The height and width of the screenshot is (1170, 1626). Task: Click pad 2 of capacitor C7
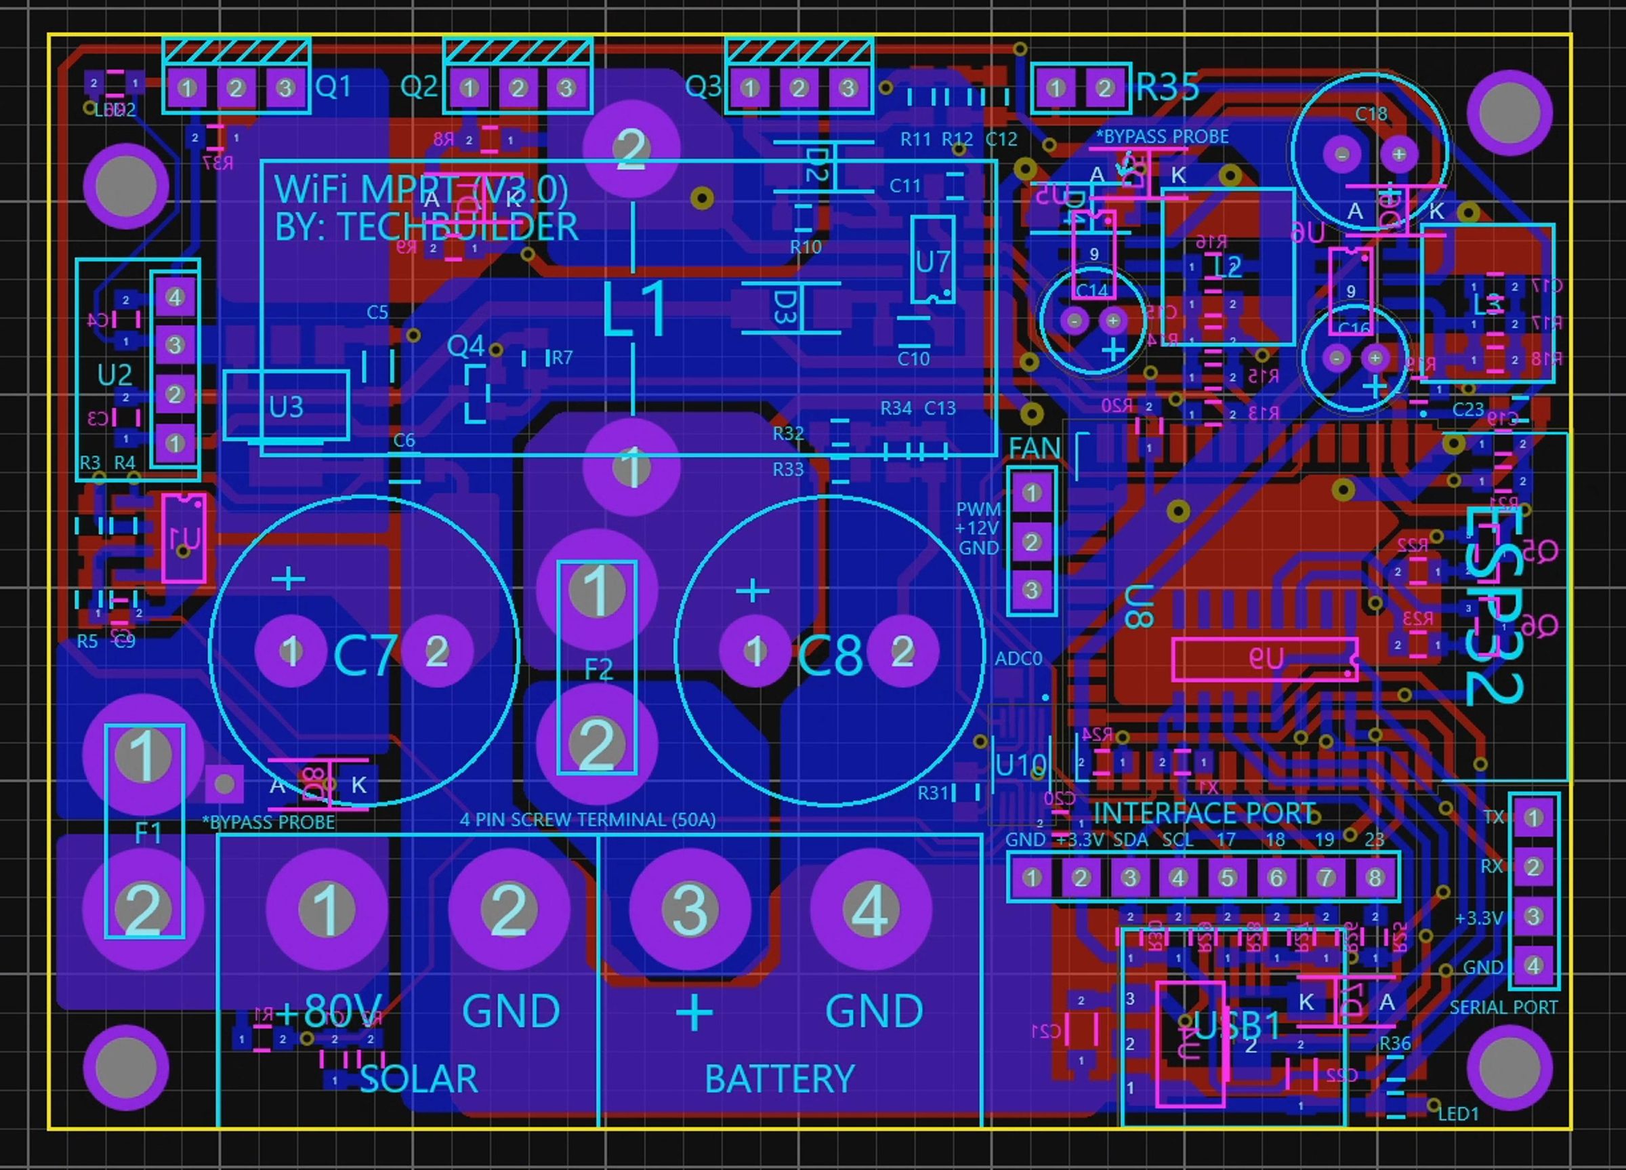436,651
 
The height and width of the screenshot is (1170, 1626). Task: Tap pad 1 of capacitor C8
754,651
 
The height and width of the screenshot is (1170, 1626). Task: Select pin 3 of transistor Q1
285,87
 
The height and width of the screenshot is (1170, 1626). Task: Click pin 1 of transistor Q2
469,87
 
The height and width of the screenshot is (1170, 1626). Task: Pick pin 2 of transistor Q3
799,87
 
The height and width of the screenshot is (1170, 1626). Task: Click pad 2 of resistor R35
1104,87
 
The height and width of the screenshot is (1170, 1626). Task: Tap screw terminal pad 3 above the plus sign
690,909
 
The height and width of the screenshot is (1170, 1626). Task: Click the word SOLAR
418,1078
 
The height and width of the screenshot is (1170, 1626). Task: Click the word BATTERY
779,1078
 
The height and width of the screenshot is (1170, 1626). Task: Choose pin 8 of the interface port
1375,876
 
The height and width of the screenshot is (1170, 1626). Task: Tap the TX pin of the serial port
1533,818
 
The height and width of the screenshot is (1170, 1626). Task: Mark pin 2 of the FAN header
1032,542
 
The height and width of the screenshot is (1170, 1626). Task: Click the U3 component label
286,407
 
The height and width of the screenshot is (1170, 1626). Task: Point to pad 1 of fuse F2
596,590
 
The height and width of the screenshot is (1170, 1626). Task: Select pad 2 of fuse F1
144,909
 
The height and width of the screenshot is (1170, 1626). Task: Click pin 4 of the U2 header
175,296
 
